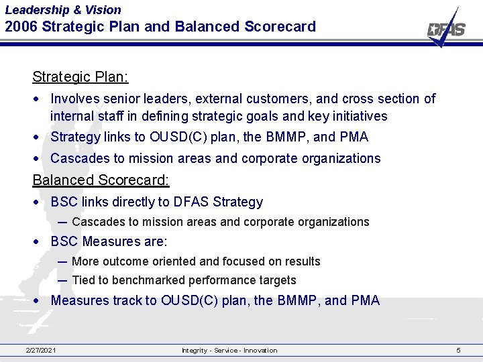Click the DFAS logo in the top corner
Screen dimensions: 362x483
click(446, 29)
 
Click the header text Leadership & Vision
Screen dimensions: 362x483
click(63, 10)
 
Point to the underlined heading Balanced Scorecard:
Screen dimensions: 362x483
click(101, 180)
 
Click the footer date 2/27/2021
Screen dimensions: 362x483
click(41, 351)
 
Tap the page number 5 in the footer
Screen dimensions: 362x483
click(458, 351)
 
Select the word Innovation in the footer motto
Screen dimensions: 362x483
click(260, 351)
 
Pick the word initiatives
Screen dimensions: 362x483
click(360, 116)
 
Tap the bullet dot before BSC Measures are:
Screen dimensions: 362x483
click(42, 242)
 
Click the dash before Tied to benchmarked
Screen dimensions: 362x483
click(62, 280)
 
